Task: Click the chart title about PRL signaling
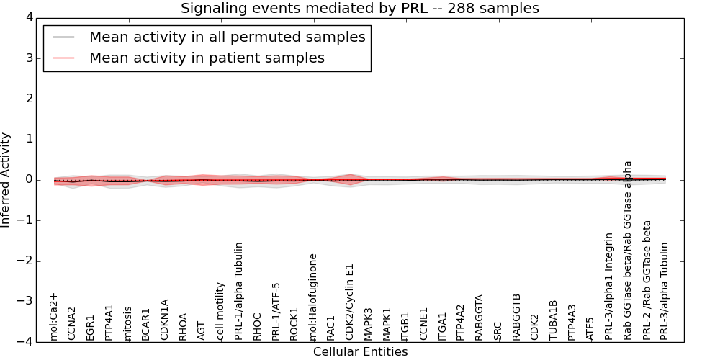coord(359,9)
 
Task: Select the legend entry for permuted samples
coord(227,37)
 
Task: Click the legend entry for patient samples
coord(207,58)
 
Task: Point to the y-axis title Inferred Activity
coord(6,180)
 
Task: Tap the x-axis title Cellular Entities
coord(360,352)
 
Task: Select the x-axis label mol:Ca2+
coord(53,316)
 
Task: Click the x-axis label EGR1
coord(90,326)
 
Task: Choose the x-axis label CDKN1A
coord(164,319)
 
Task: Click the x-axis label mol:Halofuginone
coord(313,296)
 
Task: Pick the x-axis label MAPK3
coord(369,323)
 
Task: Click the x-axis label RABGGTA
coord(480,317)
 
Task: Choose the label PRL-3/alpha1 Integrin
coord(609,286)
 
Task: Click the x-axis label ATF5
coord(590,328)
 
